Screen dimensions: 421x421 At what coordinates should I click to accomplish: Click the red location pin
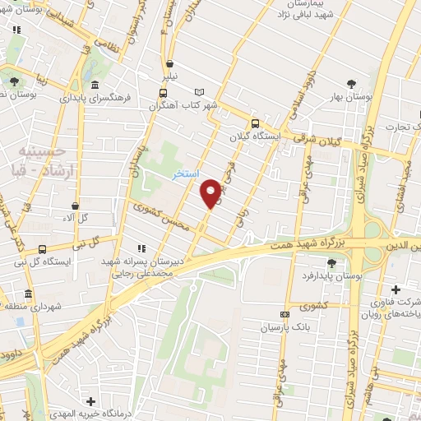click(x=210, y=192)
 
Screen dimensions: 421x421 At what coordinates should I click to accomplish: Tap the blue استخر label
click(x=185, y=175)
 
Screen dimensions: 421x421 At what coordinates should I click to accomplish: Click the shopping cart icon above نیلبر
click(x=169, y=63)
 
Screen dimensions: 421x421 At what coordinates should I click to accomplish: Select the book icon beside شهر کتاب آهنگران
click(x=198, y=92)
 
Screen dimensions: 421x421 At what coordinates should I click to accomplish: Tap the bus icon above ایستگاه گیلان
click(x=254, y=123)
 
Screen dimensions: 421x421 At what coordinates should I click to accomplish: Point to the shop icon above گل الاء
click(x=76, y=206)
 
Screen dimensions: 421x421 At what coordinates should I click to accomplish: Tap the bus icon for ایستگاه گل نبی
click(x=42, y=248)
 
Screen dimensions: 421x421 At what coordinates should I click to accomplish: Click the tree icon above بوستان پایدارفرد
click(x=331, y=262)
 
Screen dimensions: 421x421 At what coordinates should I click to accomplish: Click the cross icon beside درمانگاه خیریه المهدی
click(x=90, y=400)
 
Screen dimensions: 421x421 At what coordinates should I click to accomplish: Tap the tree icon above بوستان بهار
click(x=352, y=84)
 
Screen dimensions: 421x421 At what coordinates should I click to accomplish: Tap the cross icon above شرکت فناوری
click(x=396, y=289)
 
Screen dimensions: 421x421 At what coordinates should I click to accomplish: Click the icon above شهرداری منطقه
click(x=29, y=294)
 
